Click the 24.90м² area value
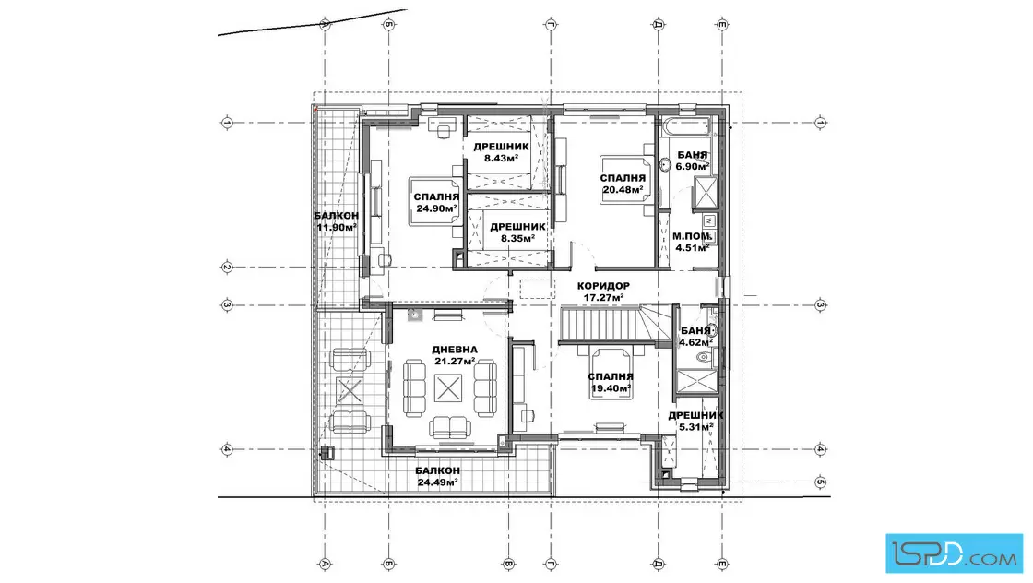click(x=437, y=208)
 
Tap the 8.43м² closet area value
click(x=502, y=158)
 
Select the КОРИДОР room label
click(x=603, y=286)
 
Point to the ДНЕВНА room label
click(x=455, y=350)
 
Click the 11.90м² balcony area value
click(x=337, y=227)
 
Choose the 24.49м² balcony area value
click(x=437, y=482)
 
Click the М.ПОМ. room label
click(x=692, y=236)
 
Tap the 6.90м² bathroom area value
click(x=693, y=167)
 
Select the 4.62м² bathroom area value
click(x=695, y=342)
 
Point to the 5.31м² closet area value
click(x=696, y=427)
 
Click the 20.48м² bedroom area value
click(x=623, y=190)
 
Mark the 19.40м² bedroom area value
click(x=611, y=388)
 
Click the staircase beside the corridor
click(x=605, y=324)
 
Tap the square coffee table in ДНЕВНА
click(x=448, y=388)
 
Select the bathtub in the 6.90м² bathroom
click(x=686, y=126)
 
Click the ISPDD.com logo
click(x=954, y=553)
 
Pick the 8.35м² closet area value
click(x=517, y=239)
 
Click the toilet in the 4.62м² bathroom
click(x=705, y=358)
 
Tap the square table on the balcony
click(x=350, y=390)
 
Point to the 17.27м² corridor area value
click(x=603, y=298)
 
